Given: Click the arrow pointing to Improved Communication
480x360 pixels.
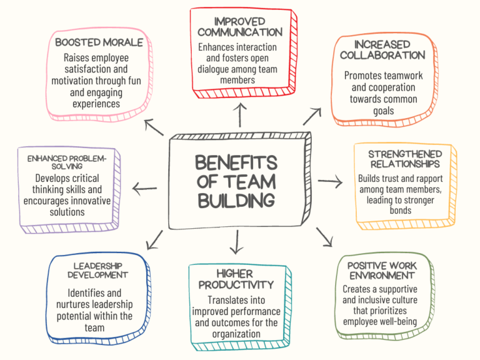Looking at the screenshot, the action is tap(240, 115).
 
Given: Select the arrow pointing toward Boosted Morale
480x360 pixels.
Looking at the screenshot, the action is tap(154, 127).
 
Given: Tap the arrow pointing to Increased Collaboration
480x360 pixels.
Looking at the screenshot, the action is tap(312, 116).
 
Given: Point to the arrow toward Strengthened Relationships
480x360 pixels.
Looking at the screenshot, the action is tap(330, 181).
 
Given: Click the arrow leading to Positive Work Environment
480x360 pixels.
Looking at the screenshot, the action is tap(324, 237).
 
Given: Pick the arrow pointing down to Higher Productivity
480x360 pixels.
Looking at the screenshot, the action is tap(237, 242).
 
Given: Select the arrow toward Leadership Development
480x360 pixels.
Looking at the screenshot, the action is tap(154, 240).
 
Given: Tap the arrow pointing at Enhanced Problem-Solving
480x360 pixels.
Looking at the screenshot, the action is tap(144, 189).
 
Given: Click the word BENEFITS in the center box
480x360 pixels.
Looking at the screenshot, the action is tap(236, 162).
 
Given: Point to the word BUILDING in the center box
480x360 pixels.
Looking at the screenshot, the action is tap(236, 201).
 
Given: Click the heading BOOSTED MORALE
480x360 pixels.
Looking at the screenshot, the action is tap(99, 42).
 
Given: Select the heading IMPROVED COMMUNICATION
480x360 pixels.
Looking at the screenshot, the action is tap(240, 27).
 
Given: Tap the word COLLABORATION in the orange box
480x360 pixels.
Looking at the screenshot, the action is tap(382, 55).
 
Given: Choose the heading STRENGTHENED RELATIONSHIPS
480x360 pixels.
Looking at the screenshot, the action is tap(405, 159).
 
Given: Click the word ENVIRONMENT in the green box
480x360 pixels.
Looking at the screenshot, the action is tap(382, 276).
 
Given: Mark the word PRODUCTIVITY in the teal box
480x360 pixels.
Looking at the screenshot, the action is tap(236, 285).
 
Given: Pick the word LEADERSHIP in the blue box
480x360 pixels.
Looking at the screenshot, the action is tap(98, 266).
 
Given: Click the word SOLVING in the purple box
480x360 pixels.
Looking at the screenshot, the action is tap(67, 166).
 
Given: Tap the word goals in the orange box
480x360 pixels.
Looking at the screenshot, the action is tap(384, 111).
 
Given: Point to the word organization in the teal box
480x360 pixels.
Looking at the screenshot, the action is tap(236, 334).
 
